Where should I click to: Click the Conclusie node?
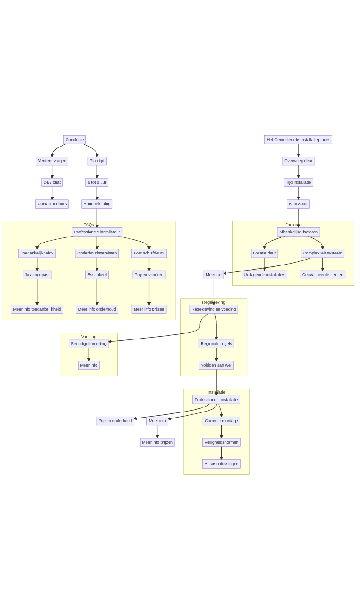pos(74,140)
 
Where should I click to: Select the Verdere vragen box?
pos(52,161)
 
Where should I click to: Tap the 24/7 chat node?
pos(52,182)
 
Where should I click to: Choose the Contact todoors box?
pos(52,204)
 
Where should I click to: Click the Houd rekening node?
pos(97,204)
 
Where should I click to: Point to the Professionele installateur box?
pos(97,232)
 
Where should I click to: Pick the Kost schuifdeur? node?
pos(149,253)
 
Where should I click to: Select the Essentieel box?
pos(97,275)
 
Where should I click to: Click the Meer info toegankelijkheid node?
pos(37,309)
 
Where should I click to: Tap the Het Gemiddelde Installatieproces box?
pos(298,140)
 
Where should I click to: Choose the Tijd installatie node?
pos(298,182)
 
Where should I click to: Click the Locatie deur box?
pos(264,253)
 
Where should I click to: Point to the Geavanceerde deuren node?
pos(322,275)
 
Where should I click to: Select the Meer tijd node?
pos(214,275)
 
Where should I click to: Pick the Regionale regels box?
pos(216,344)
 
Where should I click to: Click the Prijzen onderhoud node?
pos(115,421)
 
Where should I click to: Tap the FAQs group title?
pos(89,225)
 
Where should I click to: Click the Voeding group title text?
pos(89,337)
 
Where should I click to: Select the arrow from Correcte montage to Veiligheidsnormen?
pos(221,432)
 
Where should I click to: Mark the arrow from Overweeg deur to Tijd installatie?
pos(298,172)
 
